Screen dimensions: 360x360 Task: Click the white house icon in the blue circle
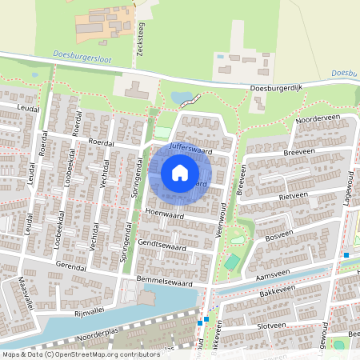coord(180,173)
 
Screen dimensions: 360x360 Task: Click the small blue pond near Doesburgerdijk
coord(182,98)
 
